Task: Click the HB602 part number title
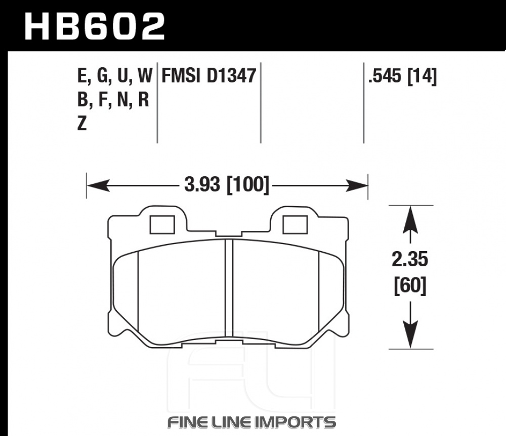pos(95,26)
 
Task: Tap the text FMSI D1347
pos(209,76)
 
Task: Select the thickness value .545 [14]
pos(402,76)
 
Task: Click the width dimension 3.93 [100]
pos(227,185)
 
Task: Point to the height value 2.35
pos(410,259)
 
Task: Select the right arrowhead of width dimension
pos(357,185)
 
